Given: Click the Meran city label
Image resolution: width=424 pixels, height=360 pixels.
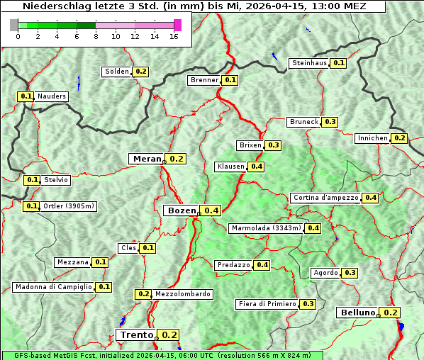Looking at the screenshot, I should pos(147,159).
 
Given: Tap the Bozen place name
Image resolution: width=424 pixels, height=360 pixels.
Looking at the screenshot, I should pos(181,210).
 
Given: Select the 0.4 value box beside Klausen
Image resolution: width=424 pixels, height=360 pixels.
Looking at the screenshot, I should pos(256,167).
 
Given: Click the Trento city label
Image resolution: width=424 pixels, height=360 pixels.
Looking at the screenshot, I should pos(136,334).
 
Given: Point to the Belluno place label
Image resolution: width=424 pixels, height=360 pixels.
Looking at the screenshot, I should pos(357,313).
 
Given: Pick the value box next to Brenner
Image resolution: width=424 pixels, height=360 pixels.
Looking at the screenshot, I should pos(230,80).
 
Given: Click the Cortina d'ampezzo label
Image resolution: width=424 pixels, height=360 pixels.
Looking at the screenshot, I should pos(325,198).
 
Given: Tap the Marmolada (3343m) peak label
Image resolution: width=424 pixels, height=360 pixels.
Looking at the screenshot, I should pos(266,228).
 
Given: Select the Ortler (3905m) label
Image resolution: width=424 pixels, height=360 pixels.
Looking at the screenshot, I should pos(68,206).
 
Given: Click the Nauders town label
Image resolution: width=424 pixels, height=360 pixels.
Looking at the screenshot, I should pos(52,96).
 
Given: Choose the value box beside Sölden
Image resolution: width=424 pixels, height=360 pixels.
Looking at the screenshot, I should pos(140,72).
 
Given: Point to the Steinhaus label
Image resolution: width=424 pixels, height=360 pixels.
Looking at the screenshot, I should pos(310,63).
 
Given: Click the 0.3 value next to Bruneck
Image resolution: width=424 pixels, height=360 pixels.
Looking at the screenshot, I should pos(330,122).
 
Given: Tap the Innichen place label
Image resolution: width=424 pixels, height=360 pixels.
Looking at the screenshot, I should pos(373,138).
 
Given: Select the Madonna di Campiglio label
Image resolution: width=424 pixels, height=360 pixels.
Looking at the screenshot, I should pos(53,287).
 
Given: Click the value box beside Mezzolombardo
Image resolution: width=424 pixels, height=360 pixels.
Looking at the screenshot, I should pos(143,294).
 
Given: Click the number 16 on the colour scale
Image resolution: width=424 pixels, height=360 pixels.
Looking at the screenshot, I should pos(173,37).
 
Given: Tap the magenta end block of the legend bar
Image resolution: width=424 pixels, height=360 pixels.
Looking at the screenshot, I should pos(177,25).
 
